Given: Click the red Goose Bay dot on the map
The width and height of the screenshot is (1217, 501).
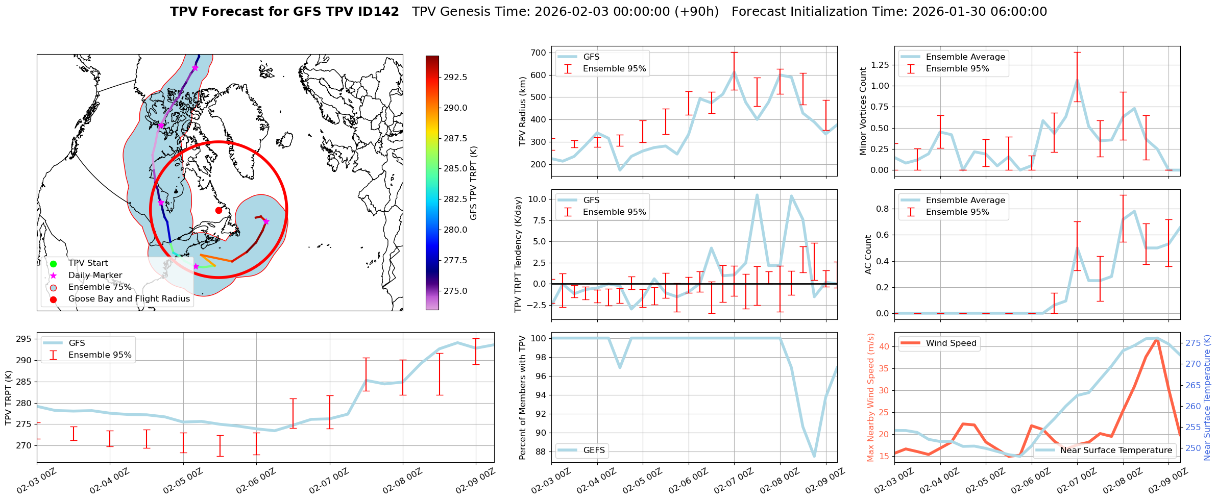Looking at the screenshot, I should click(x=218, y=210).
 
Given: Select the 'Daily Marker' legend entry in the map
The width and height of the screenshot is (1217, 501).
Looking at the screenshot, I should click(x=95, y=275).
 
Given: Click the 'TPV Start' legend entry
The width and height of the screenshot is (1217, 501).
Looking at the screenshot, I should click(x=88, y=263).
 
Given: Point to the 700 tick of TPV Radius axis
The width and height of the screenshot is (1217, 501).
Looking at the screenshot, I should click(x=539, y=53).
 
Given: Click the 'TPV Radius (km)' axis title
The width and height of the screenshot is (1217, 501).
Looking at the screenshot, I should click(x=522, y=112).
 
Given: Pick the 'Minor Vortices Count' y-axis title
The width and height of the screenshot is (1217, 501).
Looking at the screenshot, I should click(x=863, y=111).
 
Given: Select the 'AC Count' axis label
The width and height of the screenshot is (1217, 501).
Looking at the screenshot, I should click(x=868, y=255).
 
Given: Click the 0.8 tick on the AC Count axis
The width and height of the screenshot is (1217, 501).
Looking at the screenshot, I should click(x=883, y=209).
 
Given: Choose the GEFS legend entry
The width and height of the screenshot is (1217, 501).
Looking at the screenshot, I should click(x=594, y=450).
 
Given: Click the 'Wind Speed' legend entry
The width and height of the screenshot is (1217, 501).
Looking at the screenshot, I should click(x=951, y=343).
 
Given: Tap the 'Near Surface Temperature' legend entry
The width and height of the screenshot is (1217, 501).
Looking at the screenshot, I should click(x=1116, y=450).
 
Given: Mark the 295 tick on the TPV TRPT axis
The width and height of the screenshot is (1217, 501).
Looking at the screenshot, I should click(x=23, y=339).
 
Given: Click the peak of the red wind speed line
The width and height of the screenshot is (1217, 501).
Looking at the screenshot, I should click(x=1156, y=339).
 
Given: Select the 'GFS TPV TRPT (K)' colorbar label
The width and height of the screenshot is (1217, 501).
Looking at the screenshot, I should click(x=474, y=183).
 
